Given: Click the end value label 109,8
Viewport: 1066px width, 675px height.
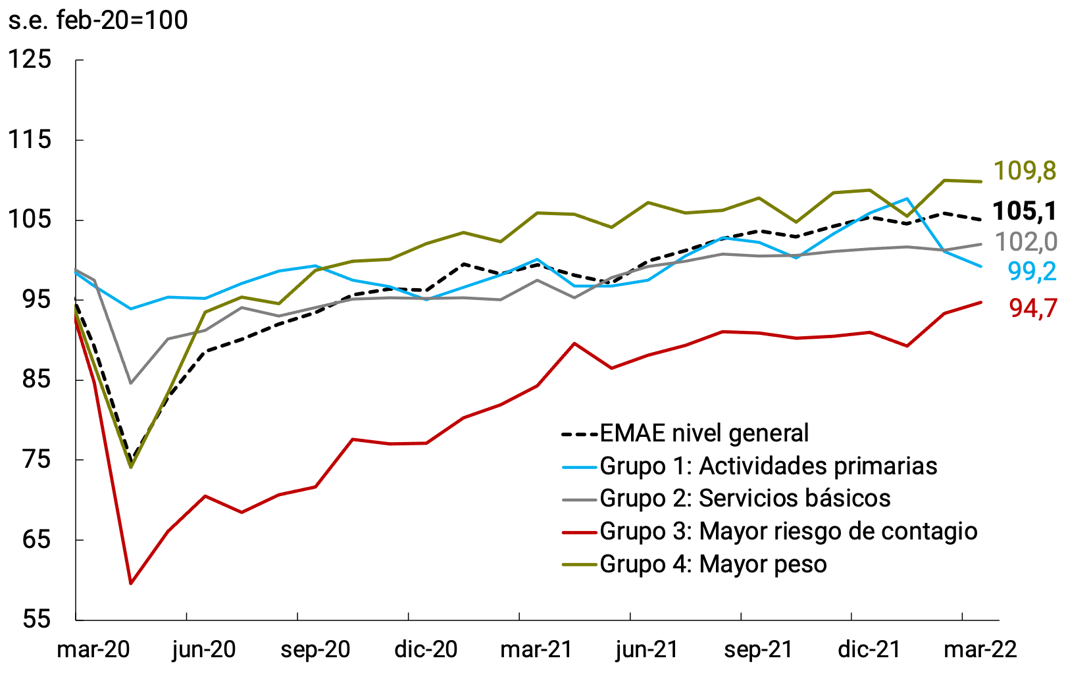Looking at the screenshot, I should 1024,171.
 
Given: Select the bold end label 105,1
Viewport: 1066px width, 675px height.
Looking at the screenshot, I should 1024,211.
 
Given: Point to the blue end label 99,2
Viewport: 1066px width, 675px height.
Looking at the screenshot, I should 1031,271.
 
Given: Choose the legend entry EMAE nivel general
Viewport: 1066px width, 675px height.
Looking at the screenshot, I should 704,434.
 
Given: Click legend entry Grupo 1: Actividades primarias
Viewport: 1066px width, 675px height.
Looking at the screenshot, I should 768,466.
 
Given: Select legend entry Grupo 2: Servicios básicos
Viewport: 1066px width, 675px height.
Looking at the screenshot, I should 745,498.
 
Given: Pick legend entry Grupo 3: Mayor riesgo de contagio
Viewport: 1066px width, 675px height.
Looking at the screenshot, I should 788,531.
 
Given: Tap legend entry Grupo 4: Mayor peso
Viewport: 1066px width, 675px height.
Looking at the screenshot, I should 713,564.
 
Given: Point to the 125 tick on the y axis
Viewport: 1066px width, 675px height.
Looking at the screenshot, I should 30,59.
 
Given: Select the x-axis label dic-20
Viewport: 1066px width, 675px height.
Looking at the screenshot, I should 426,650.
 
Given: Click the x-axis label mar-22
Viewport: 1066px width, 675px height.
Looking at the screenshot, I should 980,650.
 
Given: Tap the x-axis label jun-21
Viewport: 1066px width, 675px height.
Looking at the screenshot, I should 646,650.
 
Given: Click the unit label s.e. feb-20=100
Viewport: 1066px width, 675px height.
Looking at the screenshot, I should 97,20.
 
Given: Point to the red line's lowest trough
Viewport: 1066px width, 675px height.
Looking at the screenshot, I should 131,583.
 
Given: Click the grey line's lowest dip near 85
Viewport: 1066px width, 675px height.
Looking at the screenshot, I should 131,383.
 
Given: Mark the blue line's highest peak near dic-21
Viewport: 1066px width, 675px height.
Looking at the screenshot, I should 907,199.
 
